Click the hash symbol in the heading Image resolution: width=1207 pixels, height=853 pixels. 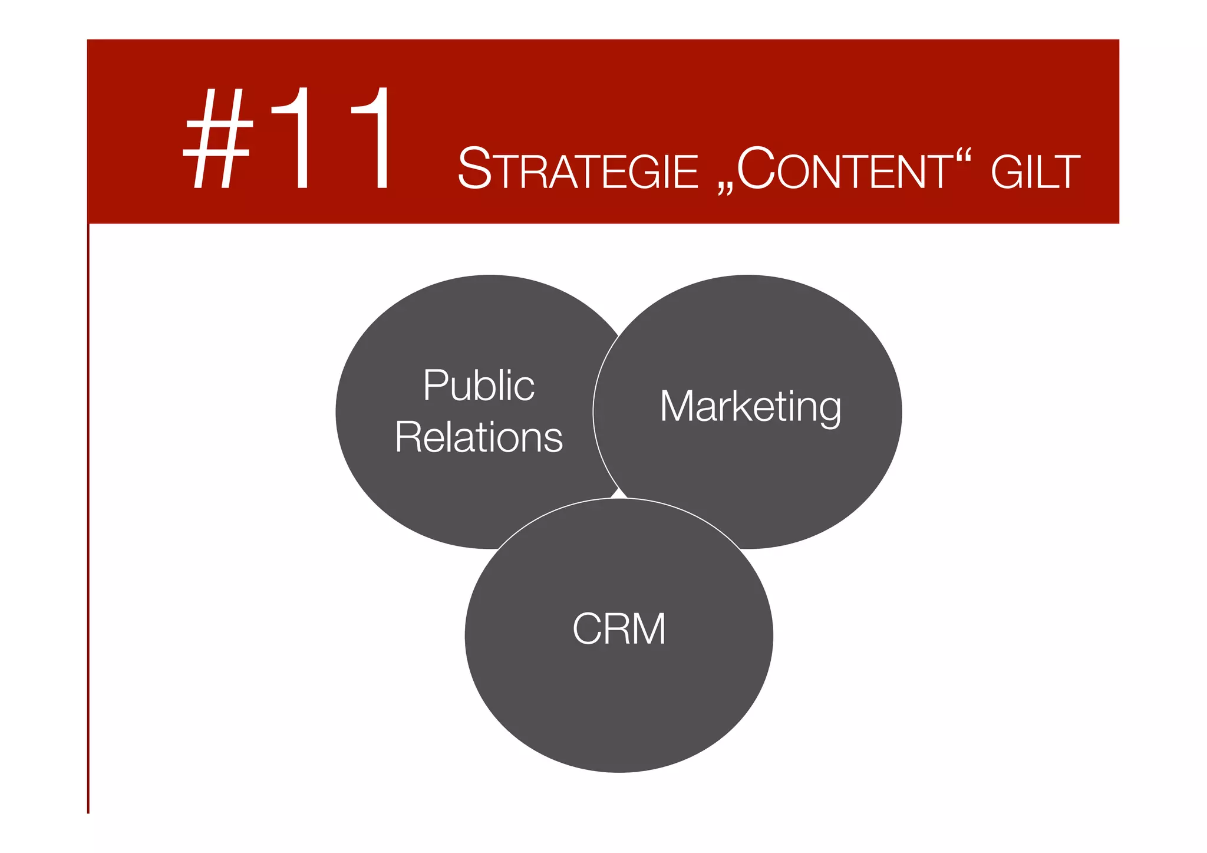pos(219,139)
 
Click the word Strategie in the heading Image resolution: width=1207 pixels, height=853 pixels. pos(578,170)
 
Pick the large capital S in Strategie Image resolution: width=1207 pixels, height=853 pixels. pos(475,169)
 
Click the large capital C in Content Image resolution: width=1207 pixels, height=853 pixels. pos(756,169)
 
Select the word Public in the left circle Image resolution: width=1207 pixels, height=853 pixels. pos(479,386)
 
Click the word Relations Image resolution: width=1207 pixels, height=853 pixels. pos(479,437)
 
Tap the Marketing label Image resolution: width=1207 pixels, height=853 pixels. pos(750,407)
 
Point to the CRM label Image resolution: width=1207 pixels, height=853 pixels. pos(619,629)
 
